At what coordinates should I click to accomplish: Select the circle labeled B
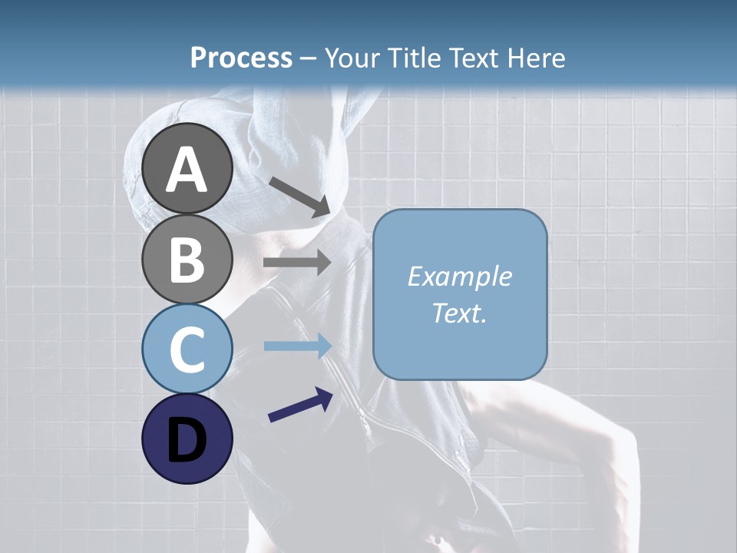187,259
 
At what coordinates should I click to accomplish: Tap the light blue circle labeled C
187,349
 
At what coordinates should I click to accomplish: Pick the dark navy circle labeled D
187,439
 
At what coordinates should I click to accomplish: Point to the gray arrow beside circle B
296,263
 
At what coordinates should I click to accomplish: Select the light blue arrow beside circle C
296,346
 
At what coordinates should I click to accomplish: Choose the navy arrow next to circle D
300,405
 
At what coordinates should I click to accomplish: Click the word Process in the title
241,58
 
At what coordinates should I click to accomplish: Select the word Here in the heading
537,58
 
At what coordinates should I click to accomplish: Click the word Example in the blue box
459,276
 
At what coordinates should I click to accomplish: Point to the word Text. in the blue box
459,313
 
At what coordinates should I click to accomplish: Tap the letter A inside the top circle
187,170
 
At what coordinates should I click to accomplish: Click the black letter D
187,440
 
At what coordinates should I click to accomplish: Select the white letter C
187,349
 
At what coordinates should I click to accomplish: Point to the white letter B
187,260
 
